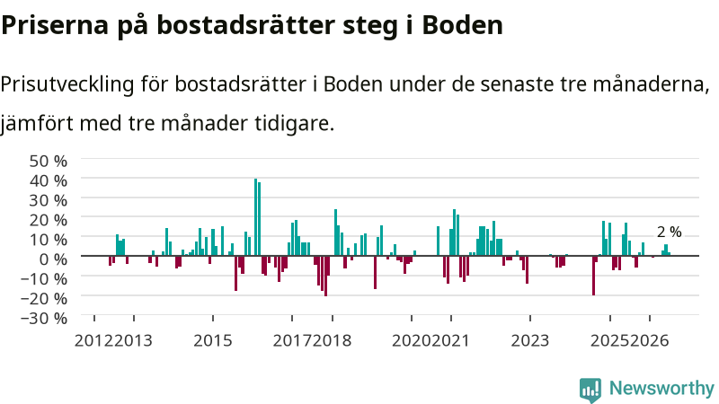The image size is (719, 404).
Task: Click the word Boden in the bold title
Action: click(462, 25)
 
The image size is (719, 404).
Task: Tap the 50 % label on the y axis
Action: click(49, 162)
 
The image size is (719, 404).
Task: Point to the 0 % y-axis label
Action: click(53, 259)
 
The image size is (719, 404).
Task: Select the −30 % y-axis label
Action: click(44, 319)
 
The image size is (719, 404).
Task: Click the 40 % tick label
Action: click(49, 181)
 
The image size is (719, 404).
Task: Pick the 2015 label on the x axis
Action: click(213, 341)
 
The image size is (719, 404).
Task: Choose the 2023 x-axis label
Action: click(530, 341)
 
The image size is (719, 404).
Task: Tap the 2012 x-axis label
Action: click(94, 341)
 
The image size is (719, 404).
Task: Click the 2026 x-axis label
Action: click(649, 341)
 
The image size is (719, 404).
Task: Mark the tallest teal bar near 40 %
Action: click(256, 217)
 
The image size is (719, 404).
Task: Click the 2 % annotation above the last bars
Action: click(669, 233)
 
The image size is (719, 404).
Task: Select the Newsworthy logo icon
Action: click(590, 391)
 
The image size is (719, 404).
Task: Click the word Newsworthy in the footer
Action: click(661, 389)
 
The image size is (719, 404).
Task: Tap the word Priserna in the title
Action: click(55, 25)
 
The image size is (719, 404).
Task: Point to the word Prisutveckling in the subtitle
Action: click(67, 84)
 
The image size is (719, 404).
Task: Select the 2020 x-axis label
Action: click(412, 341)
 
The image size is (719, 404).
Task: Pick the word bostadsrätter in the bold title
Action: click(245, 25)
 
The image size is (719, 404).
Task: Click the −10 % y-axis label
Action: click(44, 279)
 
